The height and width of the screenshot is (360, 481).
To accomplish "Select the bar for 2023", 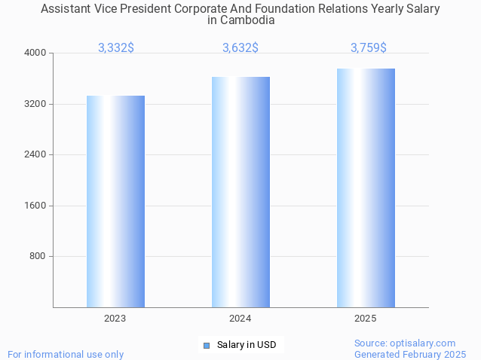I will [115, 201].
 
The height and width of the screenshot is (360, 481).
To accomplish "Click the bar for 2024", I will [240, 192].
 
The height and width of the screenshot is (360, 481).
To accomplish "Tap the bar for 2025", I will [366, 188].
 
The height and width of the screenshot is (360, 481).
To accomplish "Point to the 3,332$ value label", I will [116, 47].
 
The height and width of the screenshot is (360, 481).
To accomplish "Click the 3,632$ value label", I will [240, 47].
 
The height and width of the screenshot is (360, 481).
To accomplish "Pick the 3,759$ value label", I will [369, 47].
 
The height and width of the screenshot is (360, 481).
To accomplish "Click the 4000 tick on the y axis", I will [35, 53].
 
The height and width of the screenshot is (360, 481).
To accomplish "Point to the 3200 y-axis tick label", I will [35, 104].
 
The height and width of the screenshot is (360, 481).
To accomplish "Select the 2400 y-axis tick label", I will [35, 154].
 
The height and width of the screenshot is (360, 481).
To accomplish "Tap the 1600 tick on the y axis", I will [35, 206].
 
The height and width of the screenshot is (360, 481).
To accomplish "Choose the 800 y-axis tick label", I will [38, 256].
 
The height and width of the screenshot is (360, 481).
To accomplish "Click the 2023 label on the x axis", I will [115, 319].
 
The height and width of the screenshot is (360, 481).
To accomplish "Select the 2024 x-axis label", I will [240, 319].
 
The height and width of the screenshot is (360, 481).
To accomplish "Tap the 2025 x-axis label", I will [366, 319].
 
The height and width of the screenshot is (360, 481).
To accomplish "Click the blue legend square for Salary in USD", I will [206, 346].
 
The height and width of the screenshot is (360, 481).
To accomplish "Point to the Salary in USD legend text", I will [247, 346].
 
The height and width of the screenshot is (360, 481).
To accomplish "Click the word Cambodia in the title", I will [247, 20].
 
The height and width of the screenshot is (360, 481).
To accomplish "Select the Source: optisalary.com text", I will [405, 343].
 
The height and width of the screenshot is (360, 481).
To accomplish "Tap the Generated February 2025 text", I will [410, 354].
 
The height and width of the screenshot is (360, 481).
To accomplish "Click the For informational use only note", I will [66, 354].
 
